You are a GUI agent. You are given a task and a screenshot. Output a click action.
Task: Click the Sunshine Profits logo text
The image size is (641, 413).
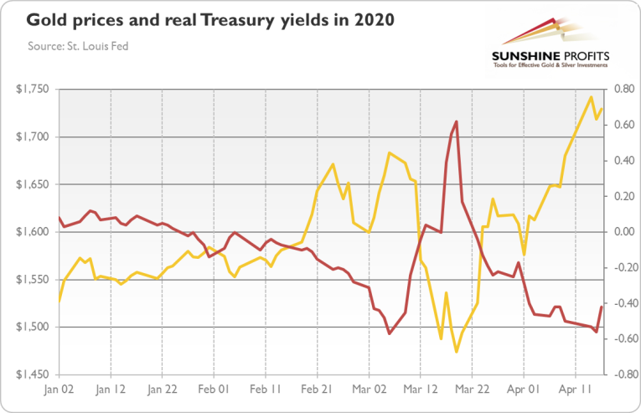551,57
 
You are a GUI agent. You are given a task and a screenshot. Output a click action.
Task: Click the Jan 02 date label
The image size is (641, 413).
59,390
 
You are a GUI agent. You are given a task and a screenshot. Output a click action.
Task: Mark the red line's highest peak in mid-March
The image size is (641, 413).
456,121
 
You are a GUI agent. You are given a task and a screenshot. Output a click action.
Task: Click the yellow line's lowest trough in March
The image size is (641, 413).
457,352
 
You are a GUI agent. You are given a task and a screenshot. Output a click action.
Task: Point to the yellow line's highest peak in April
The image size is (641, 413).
592,96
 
